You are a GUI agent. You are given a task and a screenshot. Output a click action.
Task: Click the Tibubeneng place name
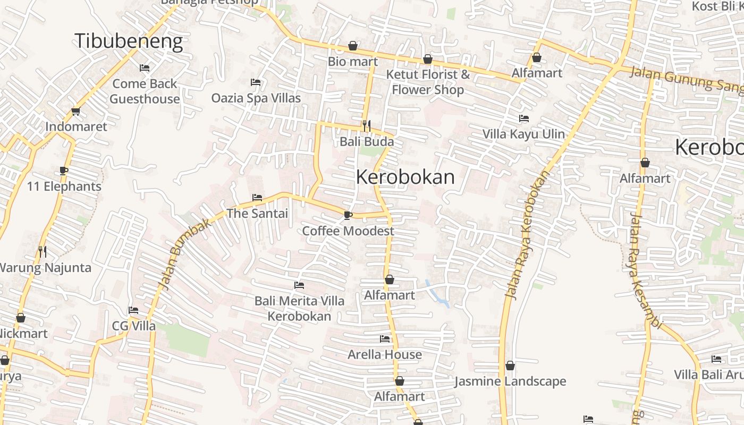129,41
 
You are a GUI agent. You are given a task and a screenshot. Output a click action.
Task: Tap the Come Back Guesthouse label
145,91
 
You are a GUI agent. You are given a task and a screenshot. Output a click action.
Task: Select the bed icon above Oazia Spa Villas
256,82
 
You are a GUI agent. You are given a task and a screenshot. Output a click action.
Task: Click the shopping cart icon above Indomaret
75,112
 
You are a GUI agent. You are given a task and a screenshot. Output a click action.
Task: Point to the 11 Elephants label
64,186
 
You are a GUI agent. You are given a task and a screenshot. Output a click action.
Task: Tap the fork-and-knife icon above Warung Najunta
43,251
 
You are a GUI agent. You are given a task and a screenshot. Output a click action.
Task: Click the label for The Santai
257,213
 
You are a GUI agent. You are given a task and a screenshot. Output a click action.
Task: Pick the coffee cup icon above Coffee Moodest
348,215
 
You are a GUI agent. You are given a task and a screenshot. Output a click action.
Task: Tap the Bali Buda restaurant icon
366,126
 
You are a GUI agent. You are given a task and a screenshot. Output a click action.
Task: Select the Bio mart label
353,61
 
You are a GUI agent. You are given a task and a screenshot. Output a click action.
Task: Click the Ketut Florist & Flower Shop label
428,82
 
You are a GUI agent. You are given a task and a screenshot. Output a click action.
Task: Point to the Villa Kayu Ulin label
523,134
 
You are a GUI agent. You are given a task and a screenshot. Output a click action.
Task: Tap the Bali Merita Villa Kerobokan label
299,309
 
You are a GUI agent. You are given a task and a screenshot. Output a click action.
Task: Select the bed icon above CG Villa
133,310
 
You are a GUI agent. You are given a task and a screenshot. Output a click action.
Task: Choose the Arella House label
385,354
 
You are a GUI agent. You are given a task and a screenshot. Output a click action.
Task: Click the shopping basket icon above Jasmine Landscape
510,365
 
